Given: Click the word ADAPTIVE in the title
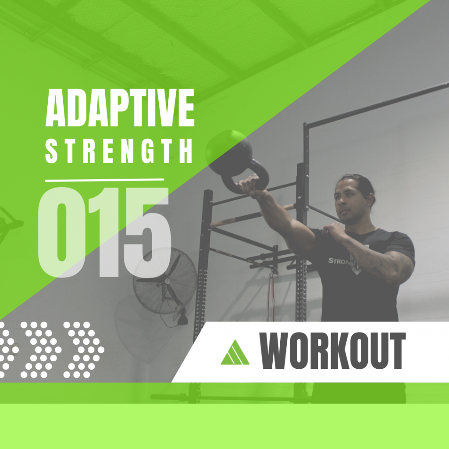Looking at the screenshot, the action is click(120, 107).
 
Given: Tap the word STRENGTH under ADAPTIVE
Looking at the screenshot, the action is click(118, 151).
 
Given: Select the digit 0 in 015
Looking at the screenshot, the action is click(62, 232).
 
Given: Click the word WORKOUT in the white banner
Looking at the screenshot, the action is click(332, 350).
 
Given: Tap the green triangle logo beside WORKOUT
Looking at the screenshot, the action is click(235, 353).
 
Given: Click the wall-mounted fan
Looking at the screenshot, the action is click(165, 281).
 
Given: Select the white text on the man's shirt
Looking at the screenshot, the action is click(340, 261).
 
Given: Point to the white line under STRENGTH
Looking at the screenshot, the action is click(104, 180).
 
